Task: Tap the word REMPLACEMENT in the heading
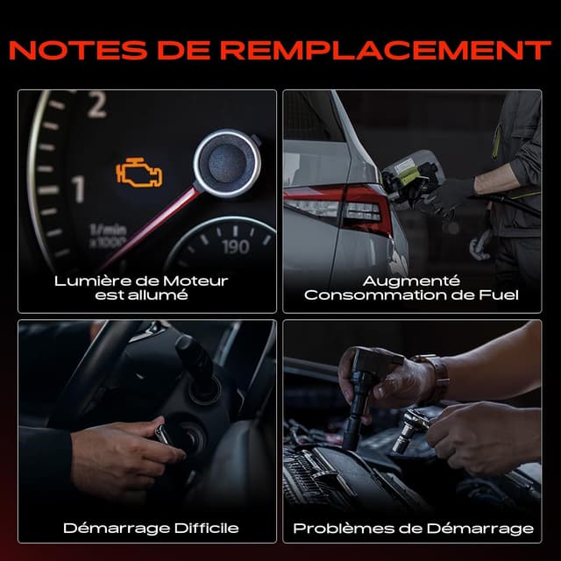point(386,50)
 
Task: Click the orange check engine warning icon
point(138,173)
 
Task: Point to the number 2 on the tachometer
point(97,105)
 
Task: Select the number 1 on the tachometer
point(78,189)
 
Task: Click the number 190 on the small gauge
point(235,246)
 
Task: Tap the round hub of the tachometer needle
point(227,163)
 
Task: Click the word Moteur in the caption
point(195,281)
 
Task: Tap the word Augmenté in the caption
point(411,281)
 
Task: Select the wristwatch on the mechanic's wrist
point(437,376)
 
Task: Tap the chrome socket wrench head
point(409,430)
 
